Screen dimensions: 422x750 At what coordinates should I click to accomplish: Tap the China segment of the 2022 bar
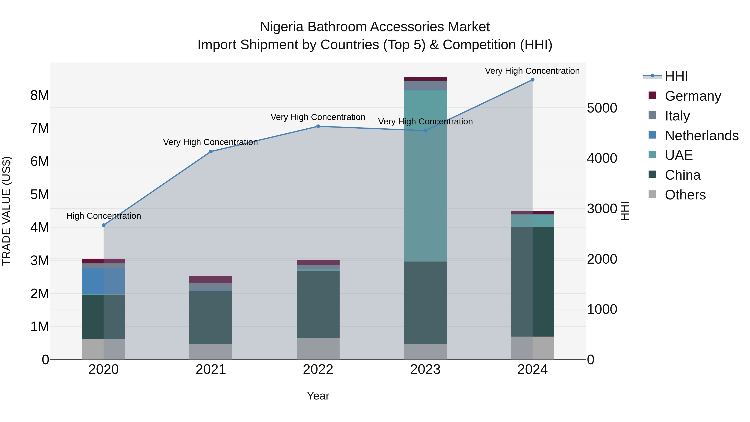318,304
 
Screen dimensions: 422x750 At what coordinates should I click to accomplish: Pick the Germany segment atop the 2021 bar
211,279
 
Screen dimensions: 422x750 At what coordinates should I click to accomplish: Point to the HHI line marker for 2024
532,80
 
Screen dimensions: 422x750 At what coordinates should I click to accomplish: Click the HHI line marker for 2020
104,225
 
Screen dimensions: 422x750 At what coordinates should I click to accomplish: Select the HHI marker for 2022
318,126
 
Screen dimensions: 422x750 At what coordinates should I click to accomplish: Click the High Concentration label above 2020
104,216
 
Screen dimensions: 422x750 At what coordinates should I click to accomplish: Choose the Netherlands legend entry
701,136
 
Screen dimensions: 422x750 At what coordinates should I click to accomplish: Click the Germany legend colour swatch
652,95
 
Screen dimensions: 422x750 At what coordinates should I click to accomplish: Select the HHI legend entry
676,76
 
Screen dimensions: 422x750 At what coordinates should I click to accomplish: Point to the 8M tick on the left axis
40,95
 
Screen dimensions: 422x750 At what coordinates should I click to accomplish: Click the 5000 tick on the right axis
602,108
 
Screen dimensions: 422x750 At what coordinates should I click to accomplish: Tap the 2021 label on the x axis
211,369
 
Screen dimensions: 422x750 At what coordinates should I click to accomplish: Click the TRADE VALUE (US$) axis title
6,211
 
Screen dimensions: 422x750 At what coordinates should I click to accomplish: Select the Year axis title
318,396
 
